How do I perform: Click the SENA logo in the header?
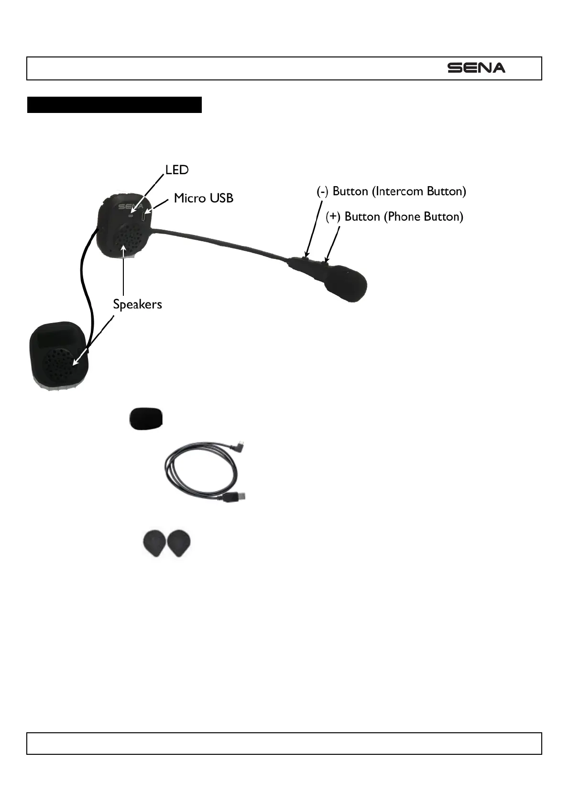pos(476,68)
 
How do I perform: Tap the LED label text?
pos(177,170)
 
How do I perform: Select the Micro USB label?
pos(204,198)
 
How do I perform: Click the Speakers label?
pos(137,304)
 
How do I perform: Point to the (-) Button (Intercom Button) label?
pos(391,191)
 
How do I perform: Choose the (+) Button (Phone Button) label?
pos(394,217)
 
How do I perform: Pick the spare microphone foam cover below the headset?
pos(146,418)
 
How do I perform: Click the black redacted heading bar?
pos(114,104)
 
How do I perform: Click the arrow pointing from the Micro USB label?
pos(158,205)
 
